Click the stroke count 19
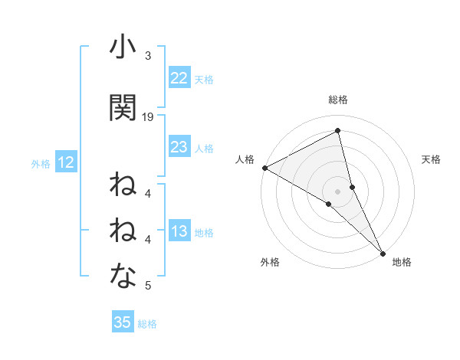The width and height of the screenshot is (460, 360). tap(149, 117)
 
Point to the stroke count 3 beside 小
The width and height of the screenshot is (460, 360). tap(148, 56)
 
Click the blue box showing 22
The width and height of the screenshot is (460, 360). tap(179, 78)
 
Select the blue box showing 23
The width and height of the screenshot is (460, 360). tap(179, 147)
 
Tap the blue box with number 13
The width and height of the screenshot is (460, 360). tap(179, 232)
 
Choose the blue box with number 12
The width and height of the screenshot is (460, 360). tap(65, 162)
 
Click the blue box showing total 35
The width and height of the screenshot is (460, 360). tap(123, 322)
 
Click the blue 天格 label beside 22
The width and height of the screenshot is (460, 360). tap(203, 79)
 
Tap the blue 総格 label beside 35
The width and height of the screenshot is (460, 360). tap(147, 324)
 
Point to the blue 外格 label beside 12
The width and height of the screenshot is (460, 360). tap(41, 163)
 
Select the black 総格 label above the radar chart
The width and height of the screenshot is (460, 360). tap(338, 100)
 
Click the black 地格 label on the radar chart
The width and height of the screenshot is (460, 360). tap(402, 262)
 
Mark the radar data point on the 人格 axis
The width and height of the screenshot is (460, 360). tap(264, 168)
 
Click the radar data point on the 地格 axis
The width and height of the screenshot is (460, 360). tap(383, 254)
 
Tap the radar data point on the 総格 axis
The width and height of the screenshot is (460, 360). tap(338, 131)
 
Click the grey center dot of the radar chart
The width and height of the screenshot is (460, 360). tap(338, 191)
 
